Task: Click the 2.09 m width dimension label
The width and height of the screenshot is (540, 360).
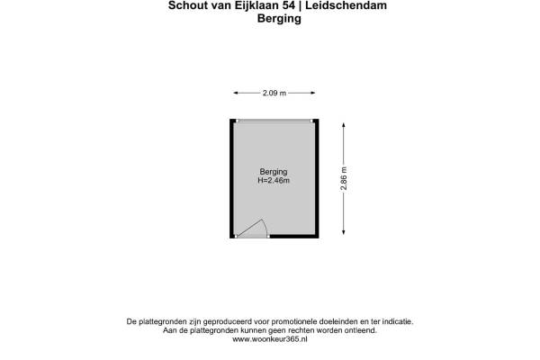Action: (274, 93)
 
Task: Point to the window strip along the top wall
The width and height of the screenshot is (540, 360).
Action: (274, 121)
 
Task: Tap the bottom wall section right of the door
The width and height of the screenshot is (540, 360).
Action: (293, 237)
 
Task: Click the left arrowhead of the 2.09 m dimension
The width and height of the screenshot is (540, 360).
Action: (236, 93)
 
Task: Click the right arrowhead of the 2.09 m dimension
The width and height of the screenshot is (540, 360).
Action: (312, 93)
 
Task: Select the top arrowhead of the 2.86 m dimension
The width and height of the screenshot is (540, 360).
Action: (344, 123)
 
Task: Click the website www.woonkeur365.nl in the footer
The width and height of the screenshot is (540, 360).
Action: (269, 339)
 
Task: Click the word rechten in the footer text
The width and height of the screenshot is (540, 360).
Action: (300, 330)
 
